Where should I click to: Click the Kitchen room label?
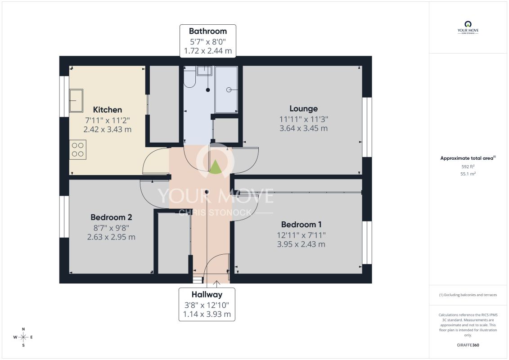click(108, 110)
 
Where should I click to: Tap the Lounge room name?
click(303, 109)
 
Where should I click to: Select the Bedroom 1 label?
click(301, 224)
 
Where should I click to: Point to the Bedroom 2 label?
click(111, 217)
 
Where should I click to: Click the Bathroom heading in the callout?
click(208, 31)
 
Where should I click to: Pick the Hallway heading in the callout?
click(207, 295)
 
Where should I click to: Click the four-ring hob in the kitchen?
click(77, 150)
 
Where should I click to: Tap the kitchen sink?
click(76, 100)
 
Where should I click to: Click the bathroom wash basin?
click(204, 71)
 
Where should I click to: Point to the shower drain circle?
click(229, 90)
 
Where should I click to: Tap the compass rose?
click(23, 337)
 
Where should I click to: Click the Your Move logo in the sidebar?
click(468, 27)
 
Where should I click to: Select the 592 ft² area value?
click(468, 166)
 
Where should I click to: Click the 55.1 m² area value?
click(468, 174)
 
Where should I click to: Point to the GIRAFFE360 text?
click(468, 345)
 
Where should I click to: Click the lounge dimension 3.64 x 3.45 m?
click(303, 128)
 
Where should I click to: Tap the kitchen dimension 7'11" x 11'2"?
click(108, 121)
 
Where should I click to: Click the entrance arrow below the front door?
click(216, 284)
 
